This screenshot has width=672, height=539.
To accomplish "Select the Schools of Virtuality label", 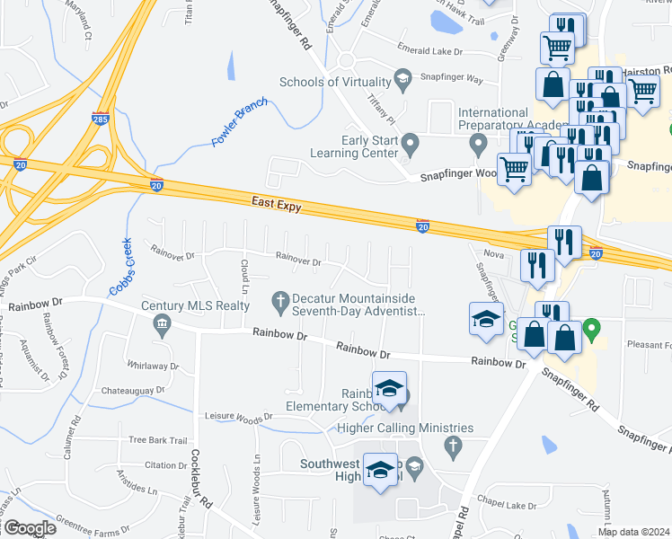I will (x=337, y=82).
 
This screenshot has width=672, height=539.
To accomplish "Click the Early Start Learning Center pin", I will (x=411, y=143).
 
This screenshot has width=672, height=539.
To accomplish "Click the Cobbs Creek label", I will (x=121, y=266).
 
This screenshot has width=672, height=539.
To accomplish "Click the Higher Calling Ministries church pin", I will (x=453, y=445).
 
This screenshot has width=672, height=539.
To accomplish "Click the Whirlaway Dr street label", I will (x=154, y=367).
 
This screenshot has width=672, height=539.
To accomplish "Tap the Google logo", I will (x=29, y=528).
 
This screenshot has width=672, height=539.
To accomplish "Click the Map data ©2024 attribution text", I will (x=632, y=532).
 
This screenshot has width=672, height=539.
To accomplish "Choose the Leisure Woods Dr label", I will (x=238, y=418).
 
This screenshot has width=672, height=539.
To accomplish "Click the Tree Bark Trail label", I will (x=157, y=440).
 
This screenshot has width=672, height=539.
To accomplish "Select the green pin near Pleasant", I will (x=591, y=330).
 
